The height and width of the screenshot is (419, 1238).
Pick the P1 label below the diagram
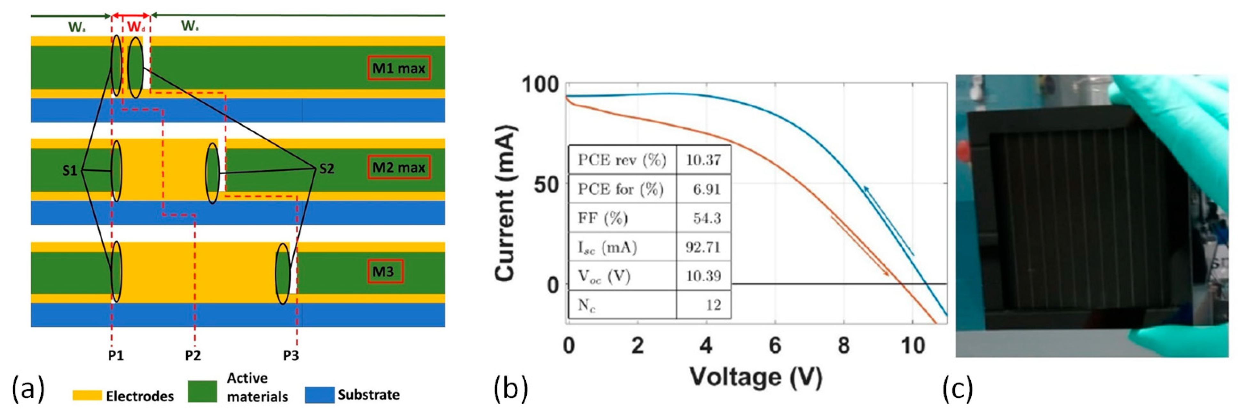pyautogui.click(x=115, y=356)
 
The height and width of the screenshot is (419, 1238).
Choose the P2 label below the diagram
pyautogui.click(x=193, y=356)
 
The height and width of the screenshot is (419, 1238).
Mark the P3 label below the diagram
pyautogui.click(x=291, y=356)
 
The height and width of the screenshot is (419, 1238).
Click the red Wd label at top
pyautogui.click(x=136, y=27)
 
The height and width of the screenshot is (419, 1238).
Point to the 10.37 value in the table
pyautogui.click(x=703, y=160)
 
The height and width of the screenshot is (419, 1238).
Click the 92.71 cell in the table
pyautogui.click(x=703, y=247)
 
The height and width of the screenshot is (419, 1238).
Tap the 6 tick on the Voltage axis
pyautogui.click(x=775, y=345)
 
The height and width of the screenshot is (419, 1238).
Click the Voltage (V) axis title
pyautogui.click(x=756, y=377)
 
